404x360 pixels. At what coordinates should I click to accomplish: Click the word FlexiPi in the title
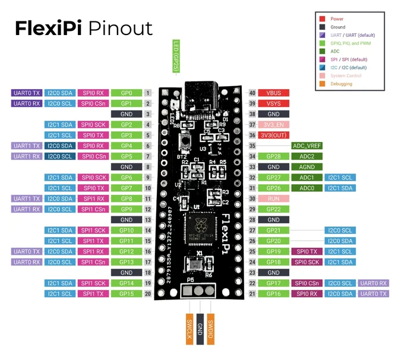pyautogui.click(x=49, y=28)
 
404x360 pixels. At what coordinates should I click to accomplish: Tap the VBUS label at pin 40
pyautogui.click(x=273, y=93)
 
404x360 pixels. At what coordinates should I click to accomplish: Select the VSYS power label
pyautogui.click(x=273, y=103)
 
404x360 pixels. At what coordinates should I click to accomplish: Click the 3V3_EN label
pyautogui.click(x=273, y=125)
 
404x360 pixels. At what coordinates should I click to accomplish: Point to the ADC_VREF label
pyautogui.click(x=306, y=146)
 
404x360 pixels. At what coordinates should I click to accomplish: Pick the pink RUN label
pyautogui.click(x=273, y=198)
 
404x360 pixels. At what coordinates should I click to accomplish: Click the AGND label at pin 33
pyautogui.click(x=306, y=167)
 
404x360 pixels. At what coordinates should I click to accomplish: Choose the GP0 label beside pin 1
pyautogui.click(x=126, y=93)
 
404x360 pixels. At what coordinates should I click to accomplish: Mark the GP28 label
pyautogui.click(x=273, y=156)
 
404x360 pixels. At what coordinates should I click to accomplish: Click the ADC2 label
pyautogui.click(x=306, y=156)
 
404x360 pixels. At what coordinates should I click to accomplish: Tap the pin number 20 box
pyautogui.click(x=147, y=293)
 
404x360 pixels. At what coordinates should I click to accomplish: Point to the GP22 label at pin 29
pyautogui.click(x=273, y=209)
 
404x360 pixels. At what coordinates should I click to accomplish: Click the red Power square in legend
pyautogui.click(x=321, y=19)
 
